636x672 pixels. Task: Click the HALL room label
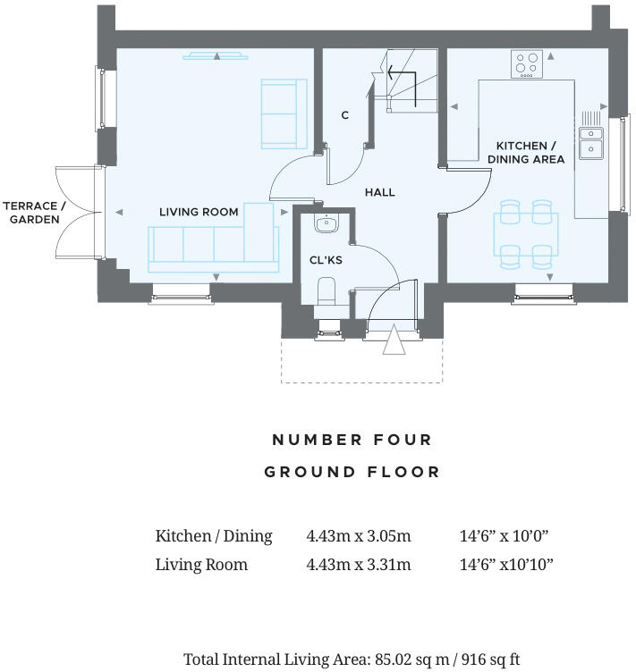coord(379,192)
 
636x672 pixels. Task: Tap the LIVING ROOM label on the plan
coord(199,212)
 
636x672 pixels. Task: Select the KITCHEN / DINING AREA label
coord(526,153)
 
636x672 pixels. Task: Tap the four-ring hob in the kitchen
coord(526,64)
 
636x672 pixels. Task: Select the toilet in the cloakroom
coord(327,290)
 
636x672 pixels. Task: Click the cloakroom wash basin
coord(327,224)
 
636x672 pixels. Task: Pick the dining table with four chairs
coord(525,233)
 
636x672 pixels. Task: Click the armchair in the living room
coord(283,113)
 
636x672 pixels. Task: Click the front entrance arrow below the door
coord(393,341)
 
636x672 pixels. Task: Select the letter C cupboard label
coord(344,115)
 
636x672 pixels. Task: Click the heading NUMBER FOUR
coord(352,440)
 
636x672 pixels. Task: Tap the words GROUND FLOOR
coord(352,472)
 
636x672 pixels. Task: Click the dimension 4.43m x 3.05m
coord(358,536)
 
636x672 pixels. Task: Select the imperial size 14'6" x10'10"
coord(505,565)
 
